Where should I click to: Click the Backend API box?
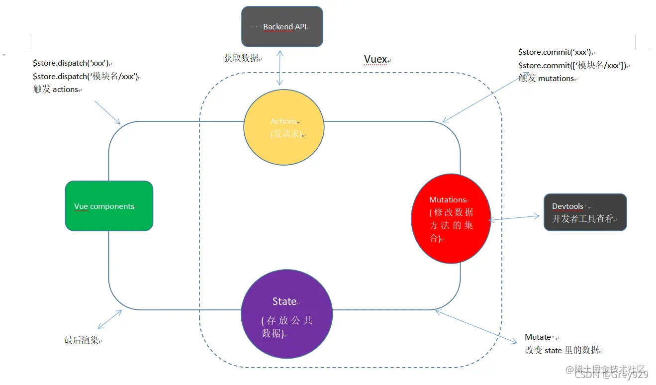click(x=282, y=27)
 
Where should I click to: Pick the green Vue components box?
click(x=109, y=206)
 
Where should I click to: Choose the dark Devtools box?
click(x=585, y=212)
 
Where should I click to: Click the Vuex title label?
click(x=375, y=60)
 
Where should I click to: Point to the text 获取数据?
click(x=241, y=58)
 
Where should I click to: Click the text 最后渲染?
click(x=82, y=341)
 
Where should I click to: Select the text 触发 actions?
click(x=56, y=90)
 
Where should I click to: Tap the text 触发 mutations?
click(x=546, y=78)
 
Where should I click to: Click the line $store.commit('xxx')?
click(x=554, y=52)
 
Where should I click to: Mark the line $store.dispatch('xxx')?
click(x=70, y=64)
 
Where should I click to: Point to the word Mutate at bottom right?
click(x=538, y=337)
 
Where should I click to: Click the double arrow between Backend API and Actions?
click(x=281, y=67)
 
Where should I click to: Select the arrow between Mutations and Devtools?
click(x=515, y=217)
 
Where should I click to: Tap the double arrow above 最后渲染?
click(x=110, y=319)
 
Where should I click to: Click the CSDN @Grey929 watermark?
click(x=611, y=375)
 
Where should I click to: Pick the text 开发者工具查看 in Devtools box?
click(x=582, y=219)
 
